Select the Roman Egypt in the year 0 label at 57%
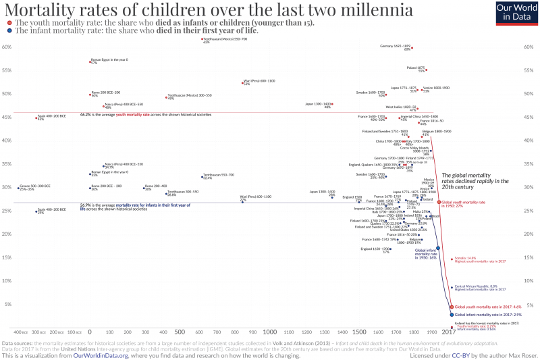pos(109,60)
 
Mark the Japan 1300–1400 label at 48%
pos(319,104)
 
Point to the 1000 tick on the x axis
pos(269,332)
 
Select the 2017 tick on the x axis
pos(448,332)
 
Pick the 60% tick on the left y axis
pos(6,47)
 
